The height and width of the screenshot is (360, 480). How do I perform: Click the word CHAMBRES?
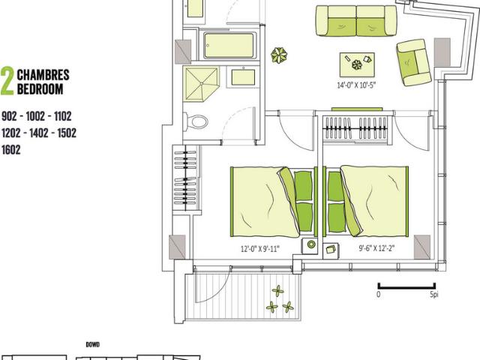click(x=43, y=75)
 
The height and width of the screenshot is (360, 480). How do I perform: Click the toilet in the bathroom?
click(x=199, y=120)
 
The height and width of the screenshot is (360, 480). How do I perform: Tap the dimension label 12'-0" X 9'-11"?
click(x=259, y=249)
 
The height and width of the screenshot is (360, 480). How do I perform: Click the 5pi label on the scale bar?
click(x=434, y=295)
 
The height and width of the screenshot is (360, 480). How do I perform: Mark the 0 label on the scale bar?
click(x=379, y=295)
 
